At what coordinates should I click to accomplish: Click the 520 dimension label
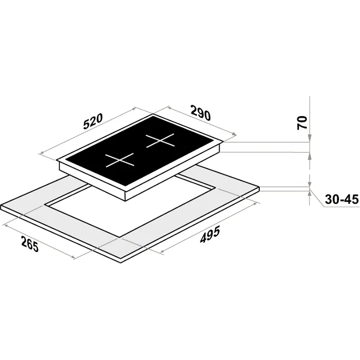[92, 122]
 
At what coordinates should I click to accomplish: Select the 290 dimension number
[200, 113]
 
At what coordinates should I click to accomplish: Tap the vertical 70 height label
[302, 123]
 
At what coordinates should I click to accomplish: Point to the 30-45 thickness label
[342, 199]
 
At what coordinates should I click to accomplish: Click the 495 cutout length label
[210, 234]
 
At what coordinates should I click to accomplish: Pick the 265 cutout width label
[30, 244]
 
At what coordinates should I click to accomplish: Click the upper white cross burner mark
[160, 140]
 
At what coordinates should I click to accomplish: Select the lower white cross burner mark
[119, 160]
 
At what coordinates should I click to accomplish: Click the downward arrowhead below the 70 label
[310, 138]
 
